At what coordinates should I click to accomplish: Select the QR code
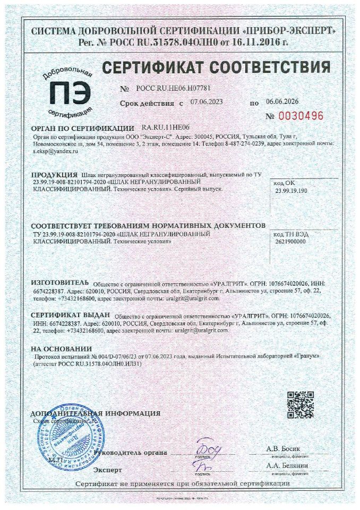[x=301, y=405]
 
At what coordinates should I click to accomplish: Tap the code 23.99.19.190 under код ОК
[x=294, y=190]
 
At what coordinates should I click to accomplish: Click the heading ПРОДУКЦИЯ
[x=55, y=175]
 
